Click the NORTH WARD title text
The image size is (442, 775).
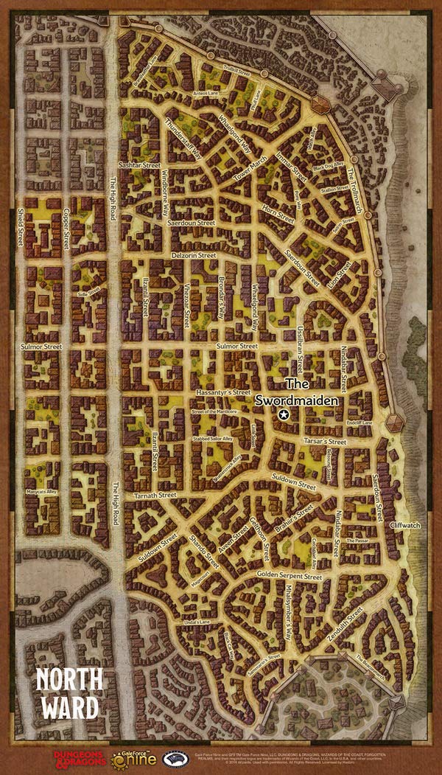(69, 693)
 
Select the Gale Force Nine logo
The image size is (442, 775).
(136, 757)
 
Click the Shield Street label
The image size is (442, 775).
(21, 226)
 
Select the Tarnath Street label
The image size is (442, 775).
(155, 496)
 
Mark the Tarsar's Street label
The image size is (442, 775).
(325, 442)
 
